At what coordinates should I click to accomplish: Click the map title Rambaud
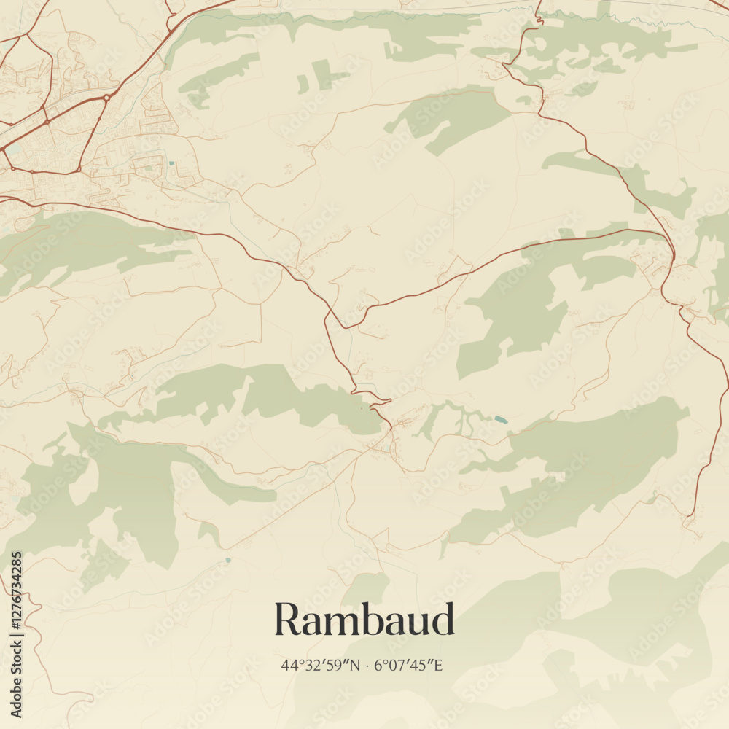point(364,620)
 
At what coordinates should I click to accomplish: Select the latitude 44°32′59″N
point(321,665)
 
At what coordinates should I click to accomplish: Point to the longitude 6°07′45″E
point(408,665)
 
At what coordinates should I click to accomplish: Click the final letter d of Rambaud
point(443,620)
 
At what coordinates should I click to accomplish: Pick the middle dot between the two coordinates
point(367,665)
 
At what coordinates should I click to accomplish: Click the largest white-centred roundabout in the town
point(106,97)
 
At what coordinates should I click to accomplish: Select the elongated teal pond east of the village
point(500,419)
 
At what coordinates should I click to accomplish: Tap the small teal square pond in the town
point(171,163)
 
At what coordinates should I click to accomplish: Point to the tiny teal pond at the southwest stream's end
point(228,560)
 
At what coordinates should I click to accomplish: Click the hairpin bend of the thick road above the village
point(388,400)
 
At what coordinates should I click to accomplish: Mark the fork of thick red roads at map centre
point(343,323)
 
